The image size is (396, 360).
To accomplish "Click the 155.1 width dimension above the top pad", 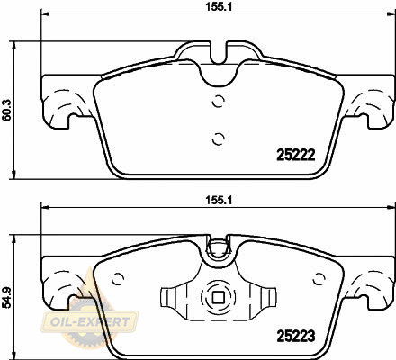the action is click(x=219, y=7).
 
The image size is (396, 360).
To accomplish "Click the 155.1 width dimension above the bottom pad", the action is click(x=219, y=200).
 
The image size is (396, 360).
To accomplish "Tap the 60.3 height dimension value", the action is click(x=6, y=110).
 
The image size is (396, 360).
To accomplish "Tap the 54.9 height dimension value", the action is click(x=6, y=297).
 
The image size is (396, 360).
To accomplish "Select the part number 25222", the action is click(x=296, y=155).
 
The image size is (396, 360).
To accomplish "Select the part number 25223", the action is click(x=296, y=336).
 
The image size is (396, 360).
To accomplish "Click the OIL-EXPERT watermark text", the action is click(x=90, y=322).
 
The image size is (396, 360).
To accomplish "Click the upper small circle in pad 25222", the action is click(x=218, y=101).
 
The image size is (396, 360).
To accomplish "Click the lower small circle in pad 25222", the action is click(x=218, y=139).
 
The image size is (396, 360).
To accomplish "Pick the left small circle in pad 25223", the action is click(x=118, y=279).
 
